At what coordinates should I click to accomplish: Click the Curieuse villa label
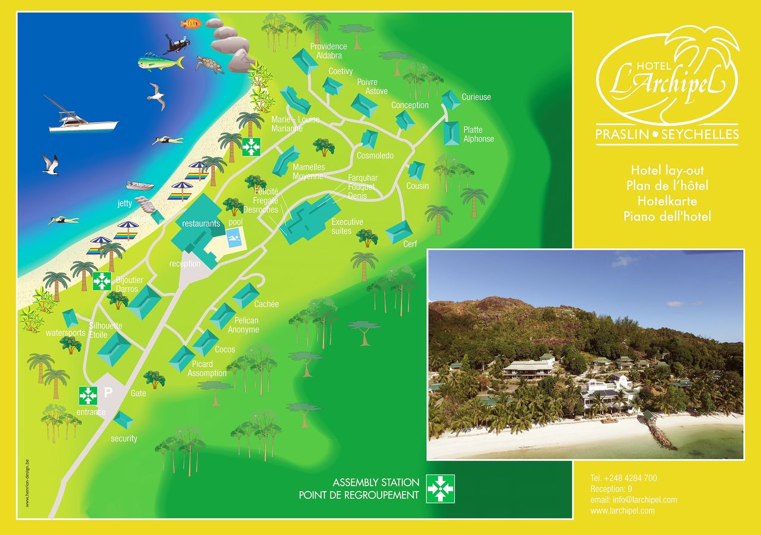476,97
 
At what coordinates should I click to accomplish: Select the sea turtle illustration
209,64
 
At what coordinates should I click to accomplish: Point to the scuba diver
177,43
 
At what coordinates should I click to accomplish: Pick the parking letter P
108,392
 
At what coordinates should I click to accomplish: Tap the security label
124,439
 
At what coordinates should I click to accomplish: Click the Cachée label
266,304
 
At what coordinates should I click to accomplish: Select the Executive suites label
347,226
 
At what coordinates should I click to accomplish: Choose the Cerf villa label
410,244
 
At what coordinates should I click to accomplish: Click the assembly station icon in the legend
440,488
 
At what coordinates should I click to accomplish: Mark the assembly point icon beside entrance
88,395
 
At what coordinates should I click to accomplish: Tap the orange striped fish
191,23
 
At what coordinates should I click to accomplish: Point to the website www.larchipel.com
622,511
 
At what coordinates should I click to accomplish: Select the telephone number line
623,478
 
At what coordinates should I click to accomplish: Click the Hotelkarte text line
667,201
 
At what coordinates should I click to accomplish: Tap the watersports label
65,333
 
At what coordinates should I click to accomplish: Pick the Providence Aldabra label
328,51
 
